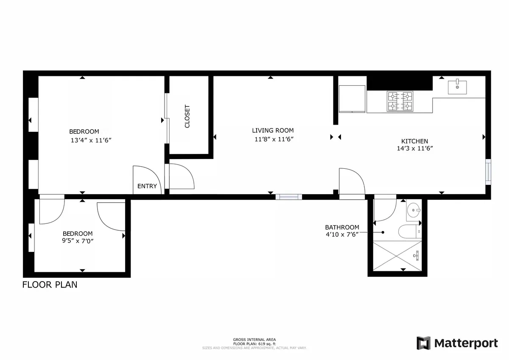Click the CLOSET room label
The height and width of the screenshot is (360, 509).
point(187,117)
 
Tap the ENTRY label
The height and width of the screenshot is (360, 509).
point(147,186)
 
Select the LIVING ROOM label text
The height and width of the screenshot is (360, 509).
point(273,131)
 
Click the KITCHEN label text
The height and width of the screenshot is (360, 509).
point(414,141)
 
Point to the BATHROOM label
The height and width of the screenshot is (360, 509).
point(342,227)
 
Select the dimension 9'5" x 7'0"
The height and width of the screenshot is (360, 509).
point(78,241)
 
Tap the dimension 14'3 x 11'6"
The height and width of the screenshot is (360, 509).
point(414,148)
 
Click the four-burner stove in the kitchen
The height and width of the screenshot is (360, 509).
point(400,101)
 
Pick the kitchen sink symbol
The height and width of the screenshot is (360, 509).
point(457,87)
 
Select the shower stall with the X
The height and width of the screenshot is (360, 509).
point(397,256)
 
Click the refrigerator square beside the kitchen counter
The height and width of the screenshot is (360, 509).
point(352,98)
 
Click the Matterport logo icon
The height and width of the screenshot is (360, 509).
point(423,343)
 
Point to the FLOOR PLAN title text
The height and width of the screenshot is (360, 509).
point(50,285)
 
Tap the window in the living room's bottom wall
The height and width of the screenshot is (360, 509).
point(288,197)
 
